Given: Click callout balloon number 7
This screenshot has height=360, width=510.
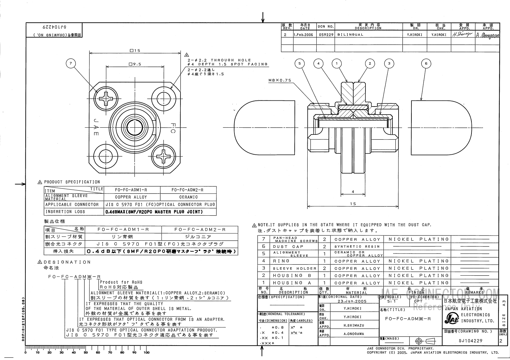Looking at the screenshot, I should (71, 64).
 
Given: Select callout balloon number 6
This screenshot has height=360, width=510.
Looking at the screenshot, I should (426, 64).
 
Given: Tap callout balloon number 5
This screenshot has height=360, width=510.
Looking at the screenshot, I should (300, 64).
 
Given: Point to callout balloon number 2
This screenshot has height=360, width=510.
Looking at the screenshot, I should (370, 64).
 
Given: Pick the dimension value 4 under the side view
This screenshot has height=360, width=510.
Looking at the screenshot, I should (353, 192).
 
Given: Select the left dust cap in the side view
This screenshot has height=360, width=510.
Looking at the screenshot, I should (264, 127).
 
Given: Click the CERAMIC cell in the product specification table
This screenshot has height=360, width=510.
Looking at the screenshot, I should (188, 197).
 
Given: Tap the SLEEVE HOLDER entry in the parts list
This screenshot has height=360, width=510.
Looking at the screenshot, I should (295, 268).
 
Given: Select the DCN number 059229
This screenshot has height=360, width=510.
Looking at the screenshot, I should (325, 35).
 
